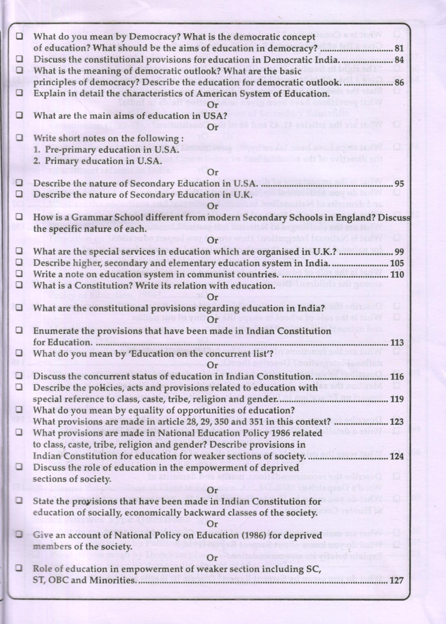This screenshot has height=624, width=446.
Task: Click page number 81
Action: pos(399,49)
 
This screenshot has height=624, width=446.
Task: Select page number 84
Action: pos(399,60)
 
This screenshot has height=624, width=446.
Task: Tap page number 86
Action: pos(399,83)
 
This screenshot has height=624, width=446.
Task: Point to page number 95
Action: pos(399,184)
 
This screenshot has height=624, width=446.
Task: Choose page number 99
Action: pos(399,252)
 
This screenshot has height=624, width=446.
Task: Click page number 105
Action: pos(397,263)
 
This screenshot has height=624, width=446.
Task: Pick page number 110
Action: pos(397,275)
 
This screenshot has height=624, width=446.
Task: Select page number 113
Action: pos(397,343)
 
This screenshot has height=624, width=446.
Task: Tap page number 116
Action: pos(397,377)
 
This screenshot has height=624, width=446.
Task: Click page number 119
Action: pos(397,399)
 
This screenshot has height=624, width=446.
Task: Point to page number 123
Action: pos(397,422)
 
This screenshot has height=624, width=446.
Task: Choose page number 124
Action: pos(397,456)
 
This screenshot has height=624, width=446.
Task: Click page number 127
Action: pos(396,581)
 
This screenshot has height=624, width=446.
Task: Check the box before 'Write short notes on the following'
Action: pos(20,138)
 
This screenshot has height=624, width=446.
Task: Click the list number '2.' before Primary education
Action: pos(37,161)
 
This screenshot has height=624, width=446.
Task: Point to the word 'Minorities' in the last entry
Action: pos(114,581)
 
